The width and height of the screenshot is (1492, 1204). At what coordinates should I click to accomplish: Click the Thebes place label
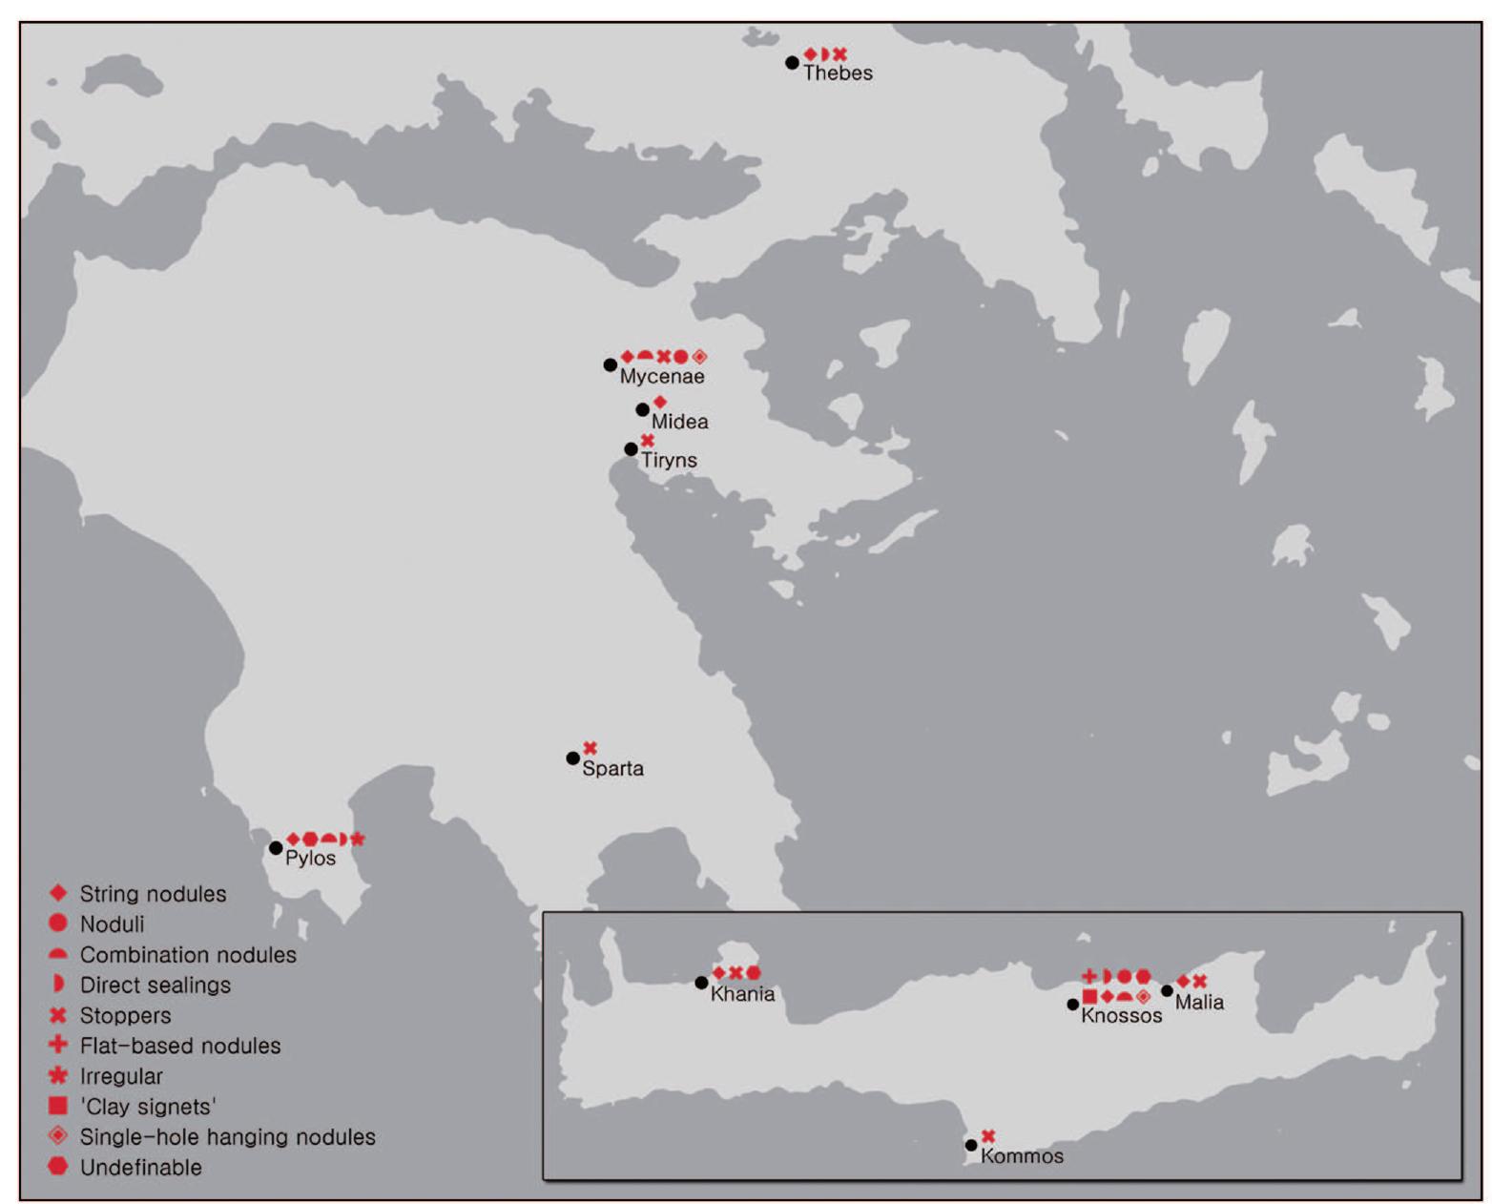point(838,73)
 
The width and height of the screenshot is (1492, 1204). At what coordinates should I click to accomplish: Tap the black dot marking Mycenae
point(611,364)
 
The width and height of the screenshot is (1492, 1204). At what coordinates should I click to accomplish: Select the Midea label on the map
point(679,422)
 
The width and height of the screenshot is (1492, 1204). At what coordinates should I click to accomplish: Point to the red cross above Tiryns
point(648,440)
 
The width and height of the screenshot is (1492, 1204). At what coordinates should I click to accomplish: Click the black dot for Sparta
point(572,758)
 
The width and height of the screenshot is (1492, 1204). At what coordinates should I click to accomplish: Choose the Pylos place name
point(310,858)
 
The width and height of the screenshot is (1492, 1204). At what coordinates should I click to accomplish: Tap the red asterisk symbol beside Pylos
point(358,839)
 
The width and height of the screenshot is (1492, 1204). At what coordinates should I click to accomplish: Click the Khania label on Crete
point(742,994)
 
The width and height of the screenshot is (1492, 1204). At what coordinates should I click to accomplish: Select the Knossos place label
point(1121,1016)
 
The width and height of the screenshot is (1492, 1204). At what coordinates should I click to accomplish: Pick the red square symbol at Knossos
point(1089,997)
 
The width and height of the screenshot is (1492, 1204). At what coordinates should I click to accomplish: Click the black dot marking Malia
point(1167,990)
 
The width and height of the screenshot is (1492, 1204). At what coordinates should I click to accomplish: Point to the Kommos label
point(1022,1156)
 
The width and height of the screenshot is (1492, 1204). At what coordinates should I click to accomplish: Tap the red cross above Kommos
point(988,1136)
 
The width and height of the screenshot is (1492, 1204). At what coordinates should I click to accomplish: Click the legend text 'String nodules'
point(153,894)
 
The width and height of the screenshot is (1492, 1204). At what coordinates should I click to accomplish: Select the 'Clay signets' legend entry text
point(148,1107)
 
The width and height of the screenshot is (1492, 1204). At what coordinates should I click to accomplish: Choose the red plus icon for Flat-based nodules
point(58,1045)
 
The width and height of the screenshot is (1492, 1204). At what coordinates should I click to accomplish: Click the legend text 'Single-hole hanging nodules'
point(227,1137)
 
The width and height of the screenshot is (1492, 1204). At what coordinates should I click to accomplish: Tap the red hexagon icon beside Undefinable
point(58,1166)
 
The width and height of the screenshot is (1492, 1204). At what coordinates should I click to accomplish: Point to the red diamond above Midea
point(659,403)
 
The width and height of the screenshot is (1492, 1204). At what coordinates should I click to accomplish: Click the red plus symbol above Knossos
point(1089,976)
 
